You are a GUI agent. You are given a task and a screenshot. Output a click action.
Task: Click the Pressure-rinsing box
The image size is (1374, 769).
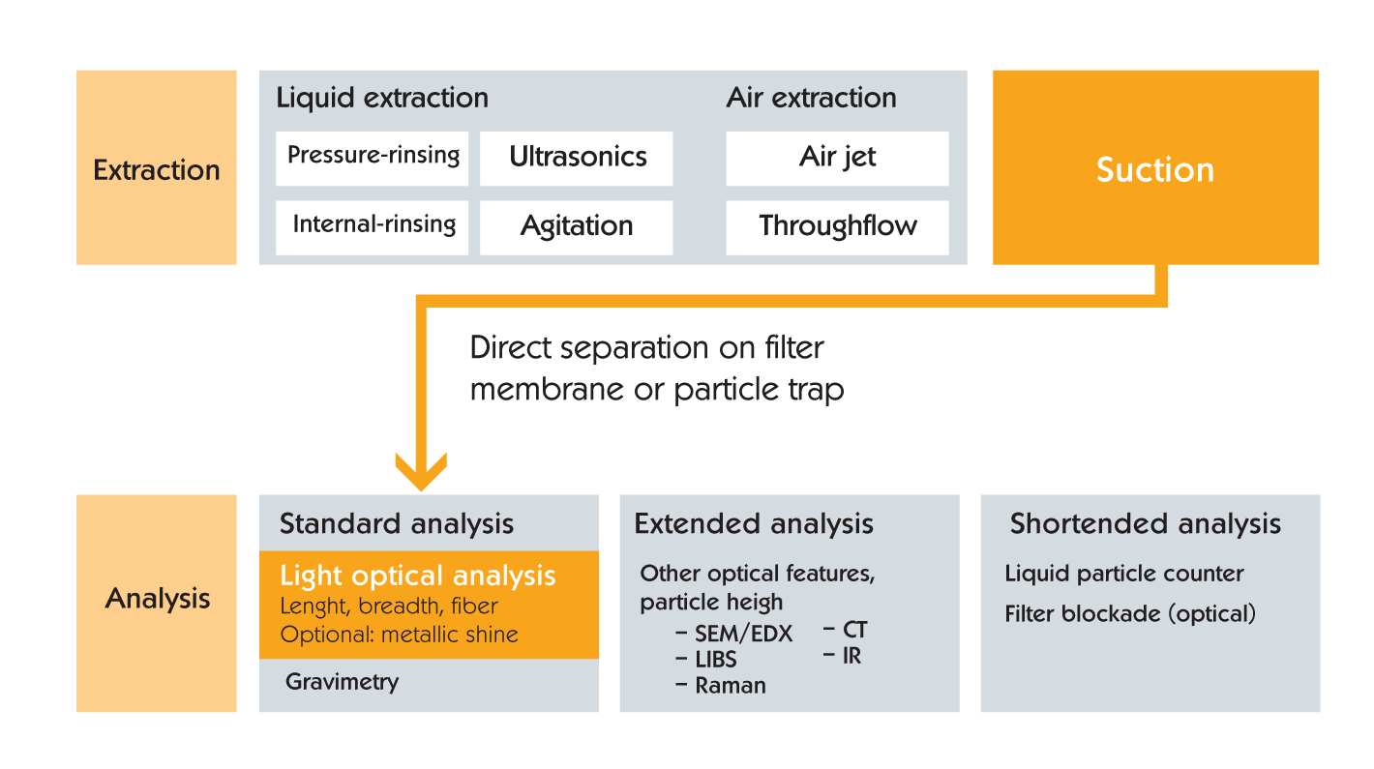click(x=372, y=159)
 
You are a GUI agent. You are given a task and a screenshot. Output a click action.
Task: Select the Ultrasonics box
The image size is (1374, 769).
click(x=576, y=159)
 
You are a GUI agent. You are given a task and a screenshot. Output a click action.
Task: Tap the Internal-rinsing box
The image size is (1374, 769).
click(x=372, y=227)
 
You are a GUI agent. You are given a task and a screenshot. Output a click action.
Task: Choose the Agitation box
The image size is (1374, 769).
click(x=576, y=227)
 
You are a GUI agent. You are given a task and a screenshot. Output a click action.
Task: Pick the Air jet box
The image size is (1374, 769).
click(x=837, y=159)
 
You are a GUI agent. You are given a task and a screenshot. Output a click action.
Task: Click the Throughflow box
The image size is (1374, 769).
click(x=837, y=227)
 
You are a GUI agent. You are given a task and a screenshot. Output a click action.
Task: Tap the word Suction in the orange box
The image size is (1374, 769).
click(x=1155, y=169)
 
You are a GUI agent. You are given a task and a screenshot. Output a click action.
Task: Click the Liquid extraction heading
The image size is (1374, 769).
click(x=382, y=98)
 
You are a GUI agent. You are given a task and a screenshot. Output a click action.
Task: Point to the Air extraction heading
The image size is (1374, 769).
click(x=811, y=98)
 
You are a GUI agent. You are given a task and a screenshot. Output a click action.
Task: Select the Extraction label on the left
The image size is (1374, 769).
click(x=157, y=170)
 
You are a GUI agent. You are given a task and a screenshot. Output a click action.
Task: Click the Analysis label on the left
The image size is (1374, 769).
click(x=158, y=599)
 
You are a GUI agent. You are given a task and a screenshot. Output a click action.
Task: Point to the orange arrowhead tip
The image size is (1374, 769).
click(x=421, y=490)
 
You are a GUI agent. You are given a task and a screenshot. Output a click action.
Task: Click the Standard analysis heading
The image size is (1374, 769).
click(x=397, y=523)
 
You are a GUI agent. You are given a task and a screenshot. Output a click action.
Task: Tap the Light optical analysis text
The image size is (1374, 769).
click(x=418, y=576)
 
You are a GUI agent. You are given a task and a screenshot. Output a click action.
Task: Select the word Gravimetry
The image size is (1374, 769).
click(x=343, y=682)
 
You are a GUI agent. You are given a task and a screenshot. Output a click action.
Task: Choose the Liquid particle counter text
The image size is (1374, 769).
click(x=1123, y=574)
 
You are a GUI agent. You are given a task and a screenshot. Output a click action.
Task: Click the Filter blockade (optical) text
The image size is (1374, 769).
click(x=1130, y=614)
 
